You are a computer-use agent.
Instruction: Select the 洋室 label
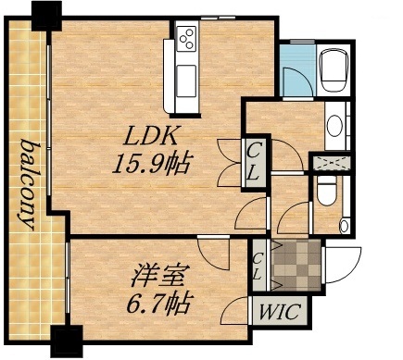coord(145,275)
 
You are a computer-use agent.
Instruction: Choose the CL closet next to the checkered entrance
coord(258,266)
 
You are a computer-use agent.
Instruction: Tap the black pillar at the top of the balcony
coord(44,13)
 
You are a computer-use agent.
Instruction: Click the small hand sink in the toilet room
coord(345,224)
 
